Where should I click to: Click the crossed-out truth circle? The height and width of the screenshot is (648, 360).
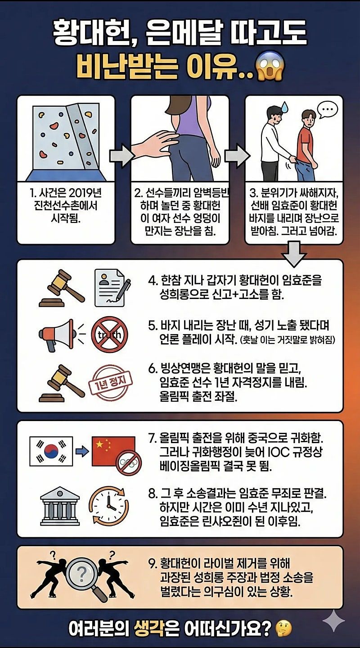point(109,334)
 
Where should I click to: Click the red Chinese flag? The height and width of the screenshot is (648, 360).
point(112,450)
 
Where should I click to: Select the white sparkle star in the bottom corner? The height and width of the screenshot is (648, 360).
point(333,622)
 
